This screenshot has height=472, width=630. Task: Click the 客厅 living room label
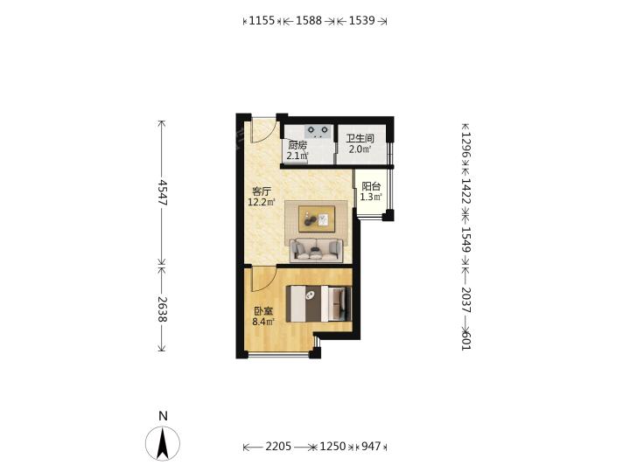261,191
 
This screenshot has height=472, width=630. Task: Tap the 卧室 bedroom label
263,311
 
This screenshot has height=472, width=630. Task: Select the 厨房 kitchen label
297,145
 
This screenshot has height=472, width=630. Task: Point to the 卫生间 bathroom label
360,139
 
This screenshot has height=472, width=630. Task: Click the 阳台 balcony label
371,187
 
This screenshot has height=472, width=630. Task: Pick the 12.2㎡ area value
261,202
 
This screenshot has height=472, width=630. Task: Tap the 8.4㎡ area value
263,322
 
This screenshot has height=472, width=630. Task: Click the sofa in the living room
317,250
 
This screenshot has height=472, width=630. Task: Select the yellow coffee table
317,219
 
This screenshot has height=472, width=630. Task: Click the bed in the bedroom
318,303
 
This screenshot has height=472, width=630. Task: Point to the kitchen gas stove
318,130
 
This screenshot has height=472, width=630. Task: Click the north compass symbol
163,443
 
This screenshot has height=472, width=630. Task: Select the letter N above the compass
163,416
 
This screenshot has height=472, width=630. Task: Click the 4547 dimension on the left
162,192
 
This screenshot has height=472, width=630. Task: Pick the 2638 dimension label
162,309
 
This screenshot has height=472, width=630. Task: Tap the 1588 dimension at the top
309,20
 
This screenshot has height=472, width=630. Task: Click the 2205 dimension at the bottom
278,446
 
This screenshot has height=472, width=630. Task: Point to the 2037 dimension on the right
466,300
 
